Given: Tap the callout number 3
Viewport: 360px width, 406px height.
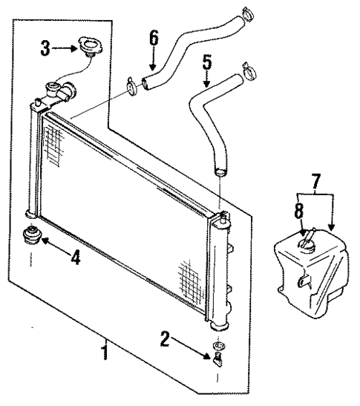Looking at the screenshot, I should pos(45,50).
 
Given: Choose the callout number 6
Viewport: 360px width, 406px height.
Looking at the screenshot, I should pos(154,36).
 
